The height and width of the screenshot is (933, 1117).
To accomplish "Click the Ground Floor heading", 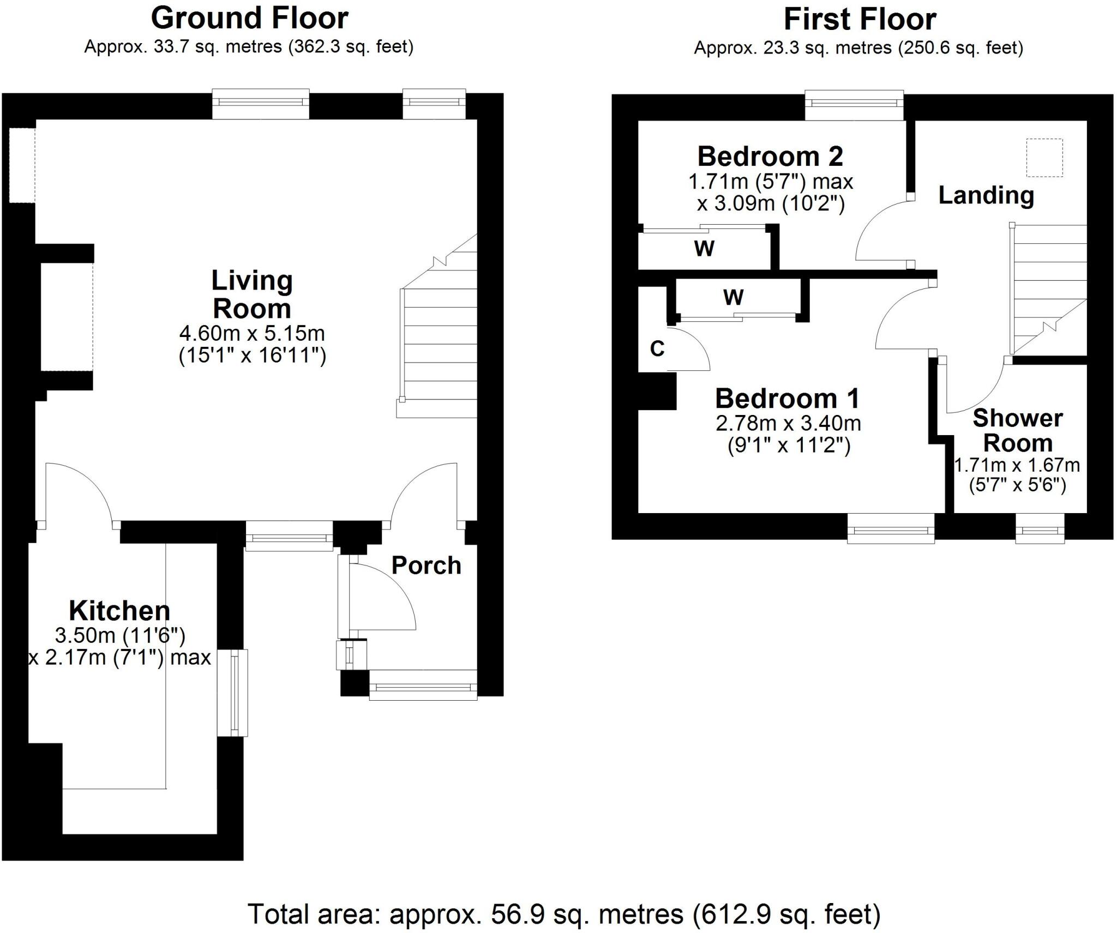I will [249, 19].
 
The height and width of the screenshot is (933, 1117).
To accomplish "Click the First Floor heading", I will [860, 20].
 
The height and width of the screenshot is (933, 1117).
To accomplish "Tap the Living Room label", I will [252, 294].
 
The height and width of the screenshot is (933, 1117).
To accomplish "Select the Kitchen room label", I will [119, 611].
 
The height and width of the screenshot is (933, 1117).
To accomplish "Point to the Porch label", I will [426, 565].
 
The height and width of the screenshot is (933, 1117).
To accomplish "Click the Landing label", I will [986, 195].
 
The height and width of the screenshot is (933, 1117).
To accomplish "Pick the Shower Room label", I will [1017, 430].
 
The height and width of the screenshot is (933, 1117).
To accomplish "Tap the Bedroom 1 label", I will [787, 399].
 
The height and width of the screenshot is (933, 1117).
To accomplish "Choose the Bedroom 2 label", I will [770, 157].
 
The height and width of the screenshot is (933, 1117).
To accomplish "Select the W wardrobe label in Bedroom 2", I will [704, 249].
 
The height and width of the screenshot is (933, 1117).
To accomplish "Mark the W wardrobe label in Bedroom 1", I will [733, 298].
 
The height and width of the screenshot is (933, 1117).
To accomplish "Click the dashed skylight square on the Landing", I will [1044, 158].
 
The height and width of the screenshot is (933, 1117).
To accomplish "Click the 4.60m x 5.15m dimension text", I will [252, 333].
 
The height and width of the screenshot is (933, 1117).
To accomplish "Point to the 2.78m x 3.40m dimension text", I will [788, 424].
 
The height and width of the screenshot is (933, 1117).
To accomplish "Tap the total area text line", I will [563, 914].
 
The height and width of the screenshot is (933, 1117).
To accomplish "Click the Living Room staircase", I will [439, 338].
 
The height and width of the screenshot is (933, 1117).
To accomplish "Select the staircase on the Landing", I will [1048, 289].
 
